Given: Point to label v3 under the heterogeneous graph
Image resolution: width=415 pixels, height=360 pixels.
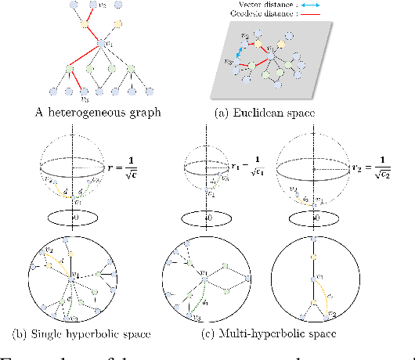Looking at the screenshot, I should click(x=85, y=99).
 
